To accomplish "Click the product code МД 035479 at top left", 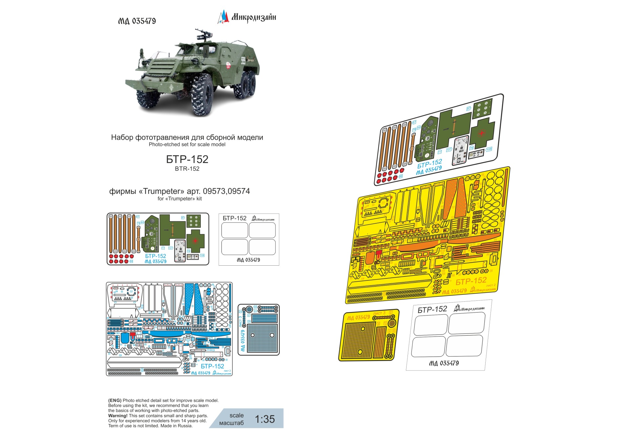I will (x=137, y=21).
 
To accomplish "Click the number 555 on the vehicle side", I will (x=243, y=60).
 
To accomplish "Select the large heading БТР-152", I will (x=187, y=159).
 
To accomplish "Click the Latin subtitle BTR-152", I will (x=187, y=169).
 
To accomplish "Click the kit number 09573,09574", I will (x=226, y=191).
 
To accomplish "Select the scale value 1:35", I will (x=265, y=419).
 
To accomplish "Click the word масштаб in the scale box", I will (x=231, y=423).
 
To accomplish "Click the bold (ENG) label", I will (x=115, y=400).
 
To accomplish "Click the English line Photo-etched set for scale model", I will (x=187, y=145).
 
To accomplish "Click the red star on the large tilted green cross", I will (x=482, y=133).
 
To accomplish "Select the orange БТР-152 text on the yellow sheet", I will (x=471, y=281).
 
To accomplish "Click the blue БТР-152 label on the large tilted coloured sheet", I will (x=430, y=163).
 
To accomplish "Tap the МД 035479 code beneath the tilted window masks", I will (x=444, y=363).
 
